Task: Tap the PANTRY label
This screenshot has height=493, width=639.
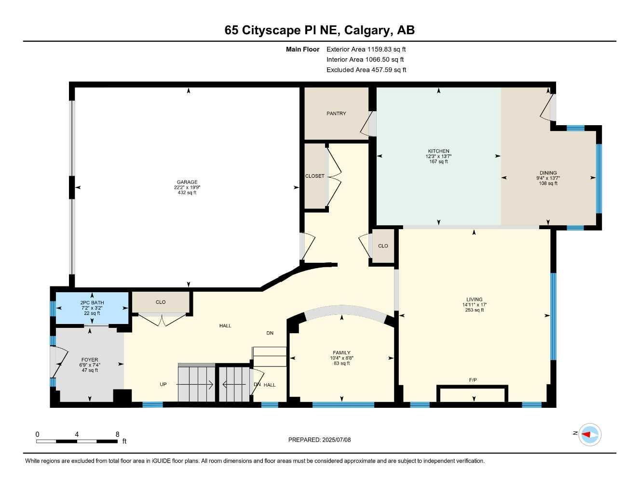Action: [x=336, y=114]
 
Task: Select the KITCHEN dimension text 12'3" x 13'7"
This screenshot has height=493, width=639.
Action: [x=438, y=156]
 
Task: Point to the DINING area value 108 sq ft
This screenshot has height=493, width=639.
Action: [x=548, y=183]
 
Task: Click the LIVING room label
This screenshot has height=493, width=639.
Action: [x=474, y=299]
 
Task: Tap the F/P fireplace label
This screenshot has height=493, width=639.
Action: [x=473, y=380]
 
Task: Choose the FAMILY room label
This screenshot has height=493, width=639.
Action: [x=341, y=352]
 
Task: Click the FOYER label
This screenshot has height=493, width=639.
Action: [x=90, y=360]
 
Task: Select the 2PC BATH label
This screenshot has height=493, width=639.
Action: [x=92, y=303]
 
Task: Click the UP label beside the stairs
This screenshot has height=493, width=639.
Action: [x=163, y=385]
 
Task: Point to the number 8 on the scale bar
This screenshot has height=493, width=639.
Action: [x=117, y=434]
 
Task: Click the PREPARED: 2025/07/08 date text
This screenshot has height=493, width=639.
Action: [x=319, y=440]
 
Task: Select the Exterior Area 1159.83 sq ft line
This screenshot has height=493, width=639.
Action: [x=366, y=49]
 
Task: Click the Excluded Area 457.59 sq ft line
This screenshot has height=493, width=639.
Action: [x=366, y=70]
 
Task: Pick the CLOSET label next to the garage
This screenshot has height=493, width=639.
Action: [x=315, y=176]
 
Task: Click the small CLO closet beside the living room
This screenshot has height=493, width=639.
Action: [x=383, y=246]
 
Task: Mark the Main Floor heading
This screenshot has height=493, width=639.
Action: [x=302, y=49]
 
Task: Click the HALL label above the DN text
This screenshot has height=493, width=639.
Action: [x=225, y=326]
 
